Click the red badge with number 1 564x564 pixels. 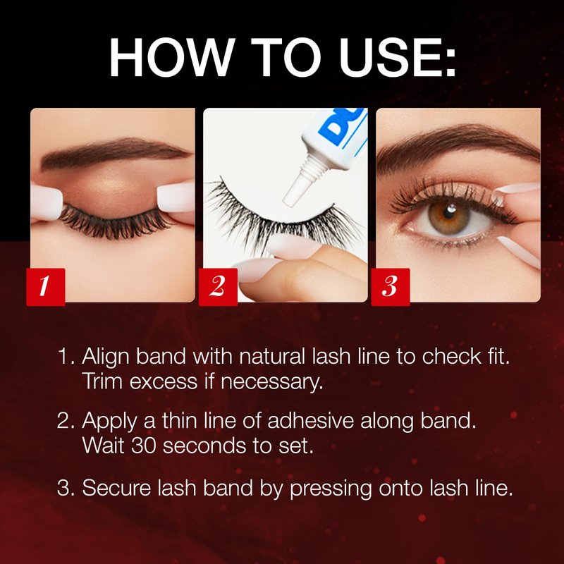coord(46,287)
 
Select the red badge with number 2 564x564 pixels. coord(218,287)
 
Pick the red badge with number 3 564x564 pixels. coord(391,287)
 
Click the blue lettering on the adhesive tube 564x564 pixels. coord(343,126)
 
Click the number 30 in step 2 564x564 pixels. coord(144,446)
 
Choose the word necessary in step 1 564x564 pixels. coord(271,382)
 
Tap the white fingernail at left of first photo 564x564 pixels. coord(46,202)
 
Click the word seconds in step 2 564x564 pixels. coord(204,446)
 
